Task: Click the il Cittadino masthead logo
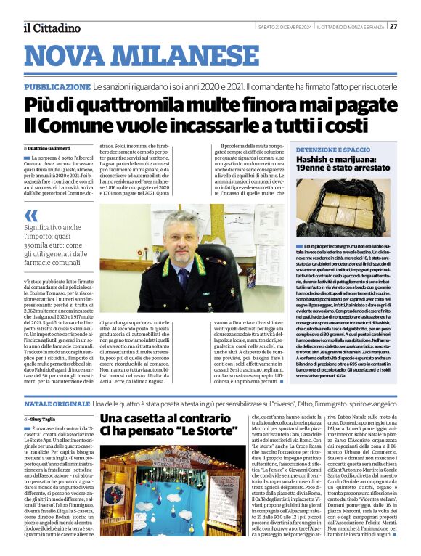(52, 28)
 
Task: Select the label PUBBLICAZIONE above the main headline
(57, 86)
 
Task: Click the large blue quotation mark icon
(30, 215)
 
